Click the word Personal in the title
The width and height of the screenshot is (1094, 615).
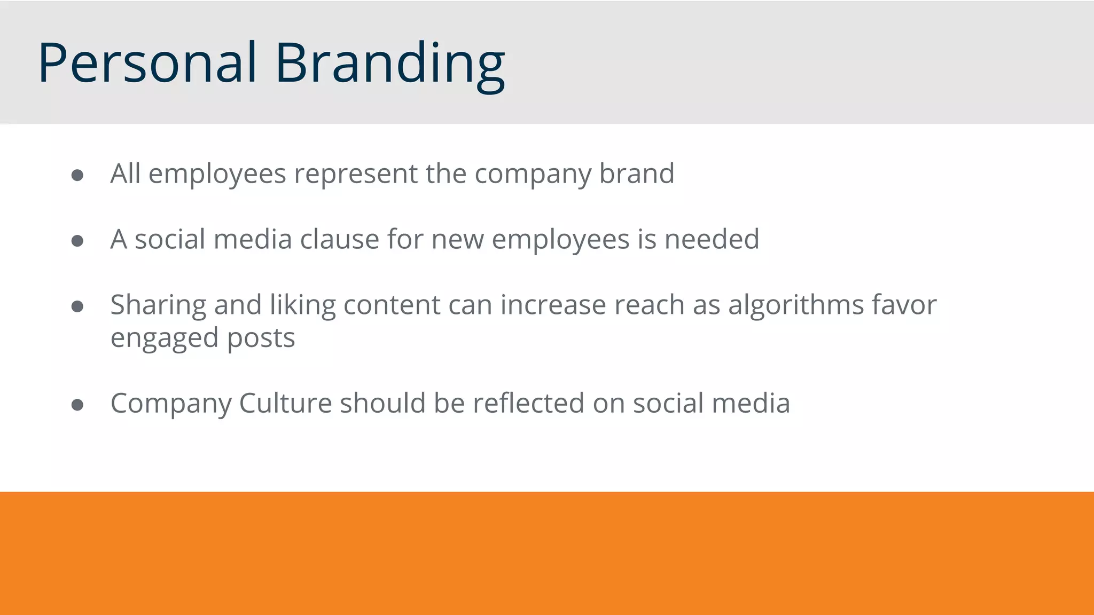point(147,63)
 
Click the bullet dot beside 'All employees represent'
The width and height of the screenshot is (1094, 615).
point(77,176)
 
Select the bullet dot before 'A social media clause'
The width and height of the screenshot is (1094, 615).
point(77,241)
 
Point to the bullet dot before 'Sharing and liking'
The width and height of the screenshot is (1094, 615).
point(77,306)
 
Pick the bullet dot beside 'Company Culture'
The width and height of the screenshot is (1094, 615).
point(77,405)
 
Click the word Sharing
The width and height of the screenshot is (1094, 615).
point(158,306)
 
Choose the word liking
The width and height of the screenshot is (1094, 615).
point(302,306)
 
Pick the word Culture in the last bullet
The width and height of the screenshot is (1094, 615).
point(285,403)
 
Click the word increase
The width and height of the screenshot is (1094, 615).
point(553,305)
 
